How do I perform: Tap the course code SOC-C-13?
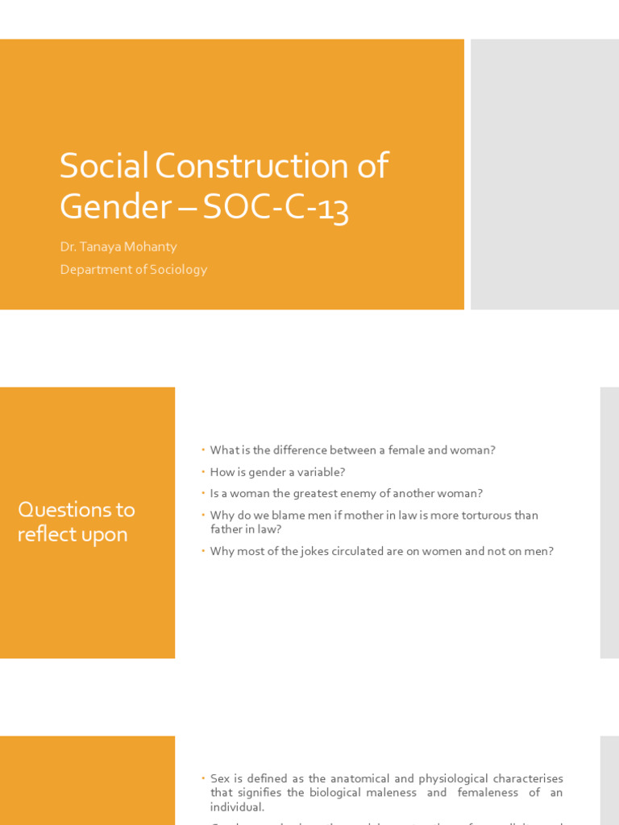pos(276,207)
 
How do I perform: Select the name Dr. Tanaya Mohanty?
pos(118,247)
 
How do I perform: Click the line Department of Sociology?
pos(133,269)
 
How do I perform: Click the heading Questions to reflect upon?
pos(76,522)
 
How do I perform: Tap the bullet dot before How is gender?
pos(204,472)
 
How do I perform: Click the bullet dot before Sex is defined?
pos(204,778)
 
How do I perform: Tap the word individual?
pos(237,807)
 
